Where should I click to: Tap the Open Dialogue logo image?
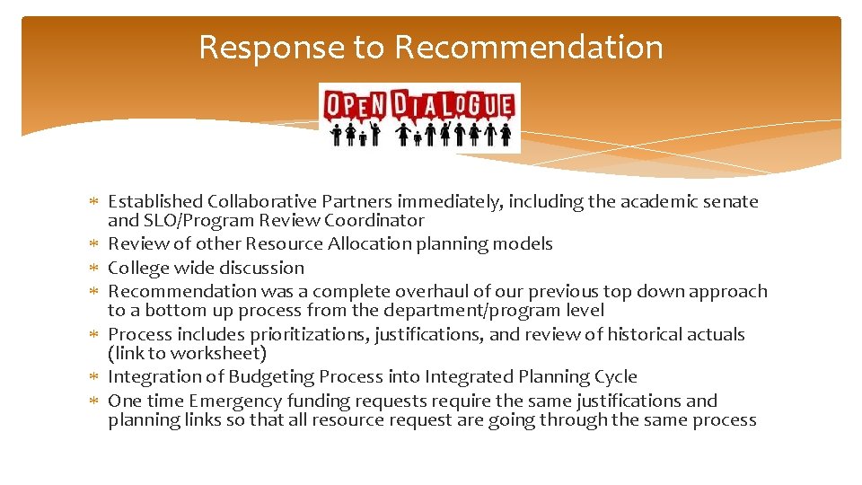[419, 117]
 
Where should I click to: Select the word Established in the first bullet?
[155, 202]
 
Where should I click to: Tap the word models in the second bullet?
[523, 244]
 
